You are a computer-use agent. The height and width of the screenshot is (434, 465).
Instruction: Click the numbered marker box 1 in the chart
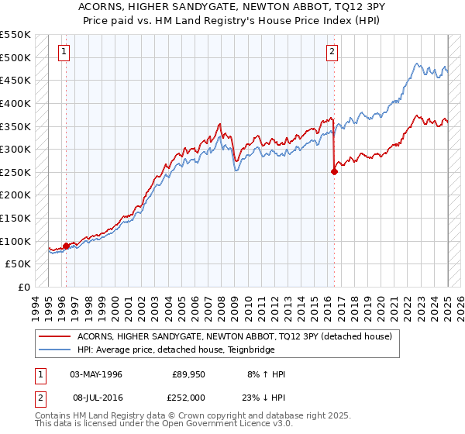point(64,52)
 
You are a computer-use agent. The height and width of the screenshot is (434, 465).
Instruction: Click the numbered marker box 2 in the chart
point(332,52)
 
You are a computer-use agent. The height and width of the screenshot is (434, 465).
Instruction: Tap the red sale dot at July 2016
point(334,172)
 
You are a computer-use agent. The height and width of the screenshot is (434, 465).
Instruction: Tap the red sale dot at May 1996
point(66,246)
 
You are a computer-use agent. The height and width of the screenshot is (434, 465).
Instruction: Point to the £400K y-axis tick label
point(15,103)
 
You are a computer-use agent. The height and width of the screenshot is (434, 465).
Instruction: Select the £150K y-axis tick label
point(15,218)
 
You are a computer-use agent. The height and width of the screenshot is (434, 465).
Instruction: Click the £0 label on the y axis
point(23,287)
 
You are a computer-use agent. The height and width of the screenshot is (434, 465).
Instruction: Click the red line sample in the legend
point(54,336)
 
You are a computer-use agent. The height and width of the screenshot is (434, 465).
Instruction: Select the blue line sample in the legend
point(54,350)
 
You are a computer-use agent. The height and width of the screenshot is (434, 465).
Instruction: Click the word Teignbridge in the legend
point(230,350)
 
